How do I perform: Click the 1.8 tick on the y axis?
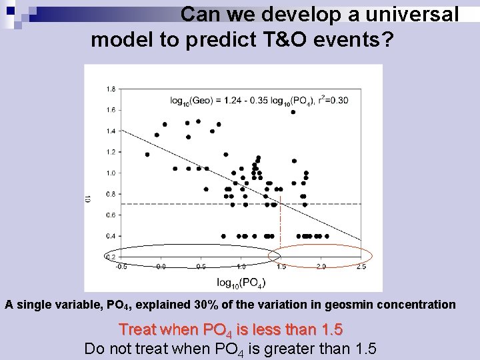pos(111,89)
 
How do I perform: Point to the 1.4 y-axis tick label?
pos(111,131)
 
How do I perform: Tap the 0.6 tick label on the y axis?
pos(111,215)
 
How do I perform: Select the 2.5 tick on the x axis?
pos(361,266)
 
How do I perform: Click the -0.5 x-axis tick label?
pos(121,266)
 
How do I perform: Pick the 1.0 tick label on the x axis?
pos(241,266)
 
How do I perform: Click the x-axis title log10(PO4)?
pos(241,282)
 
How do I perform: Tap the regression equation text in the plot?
pos(259,101)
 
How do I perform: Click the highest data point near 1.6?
pos(293,112)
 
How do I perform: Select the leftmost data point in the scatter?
pos(147,155)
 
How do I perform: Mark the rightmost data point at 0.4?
pos(327,235)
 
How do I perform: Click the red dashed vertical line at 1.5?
pos(280,220)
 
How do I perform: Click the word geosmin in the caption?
pos(363,305)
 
